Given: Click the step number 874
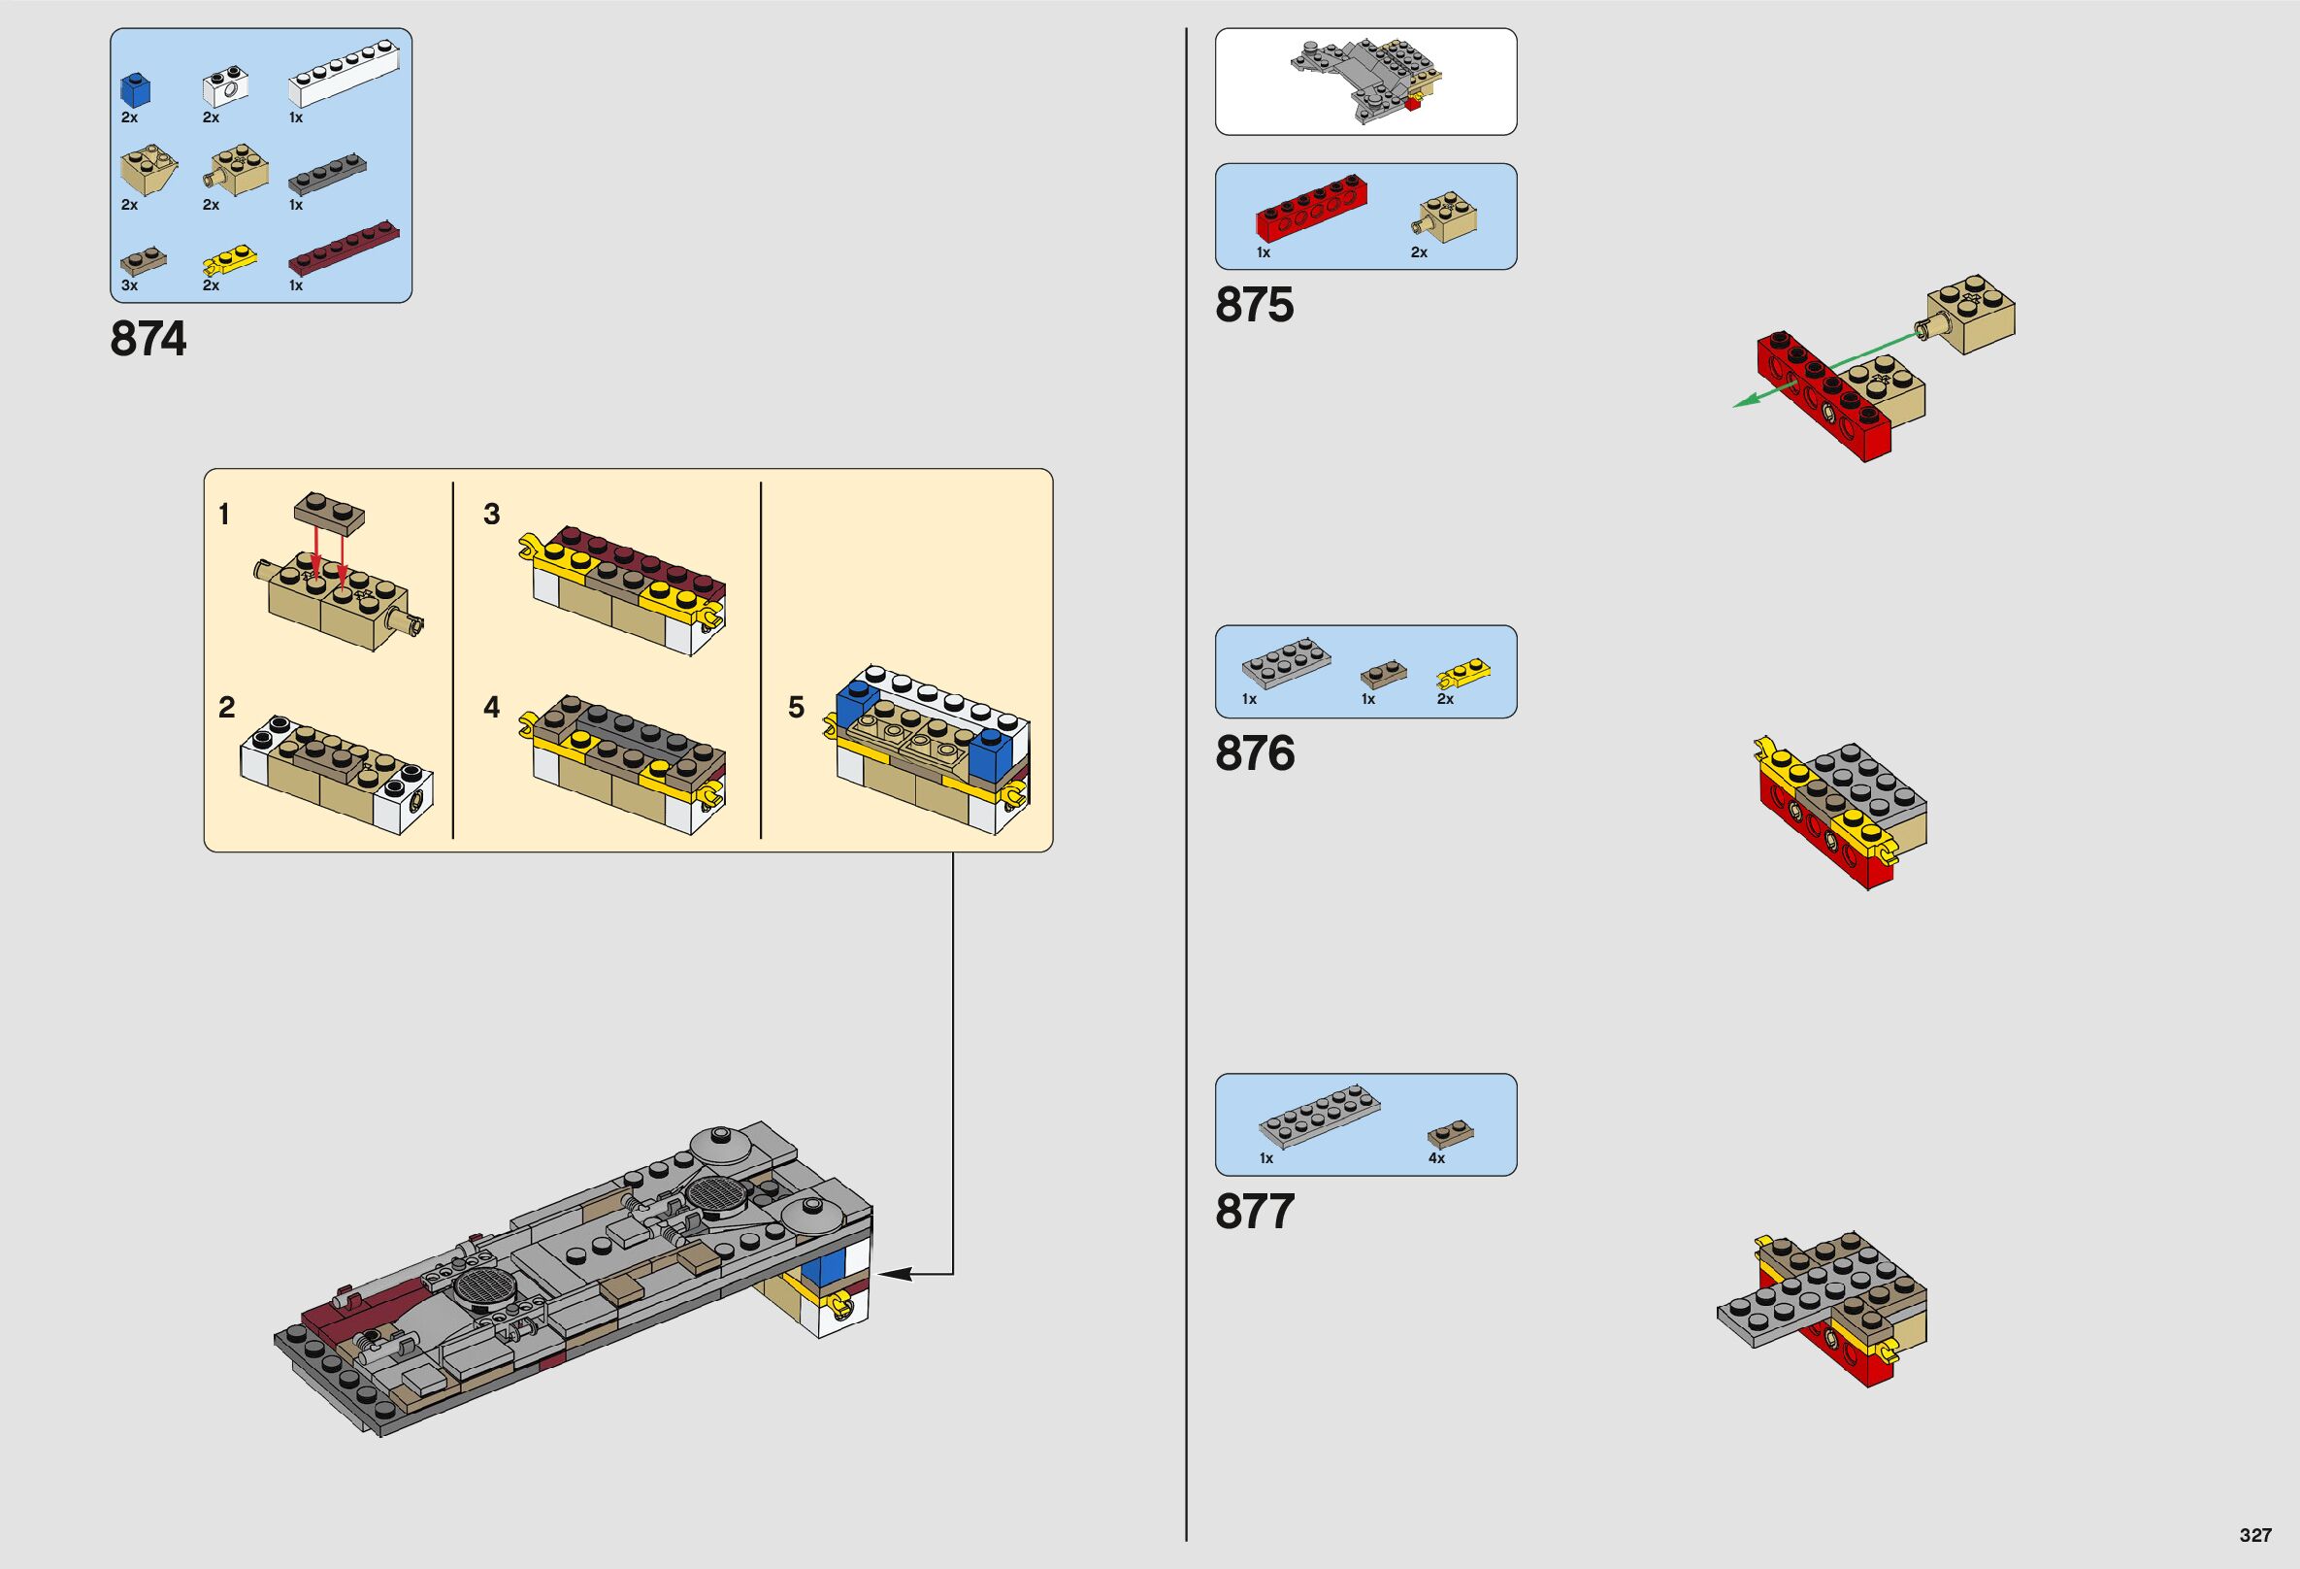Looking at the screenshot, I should [148, 340].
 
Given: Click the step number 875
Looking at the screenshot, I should [1254, 305].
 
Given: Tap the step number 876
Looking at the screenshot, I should [1254, 754].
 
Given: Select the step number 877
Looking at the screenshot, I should [1254, 1213].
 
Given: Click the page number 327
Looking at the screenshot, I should [2255, 1535].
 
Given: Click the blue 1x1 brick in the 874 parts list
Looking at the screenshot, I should [136, 90].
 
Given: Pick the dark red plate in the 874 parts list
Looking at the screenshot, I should [344, 253].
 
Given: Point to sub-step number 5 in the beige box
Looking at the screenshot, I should [797, 708].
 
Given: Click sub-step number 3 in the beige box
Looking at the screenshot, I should [492, 515].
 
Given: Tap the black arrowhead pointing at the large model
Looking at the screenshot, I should [889, 1274].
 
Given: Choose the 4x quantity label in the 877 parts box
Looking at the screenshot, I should [1436, 1158].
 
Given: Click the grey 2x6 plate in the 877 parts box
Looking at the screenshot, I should [1318, 1115].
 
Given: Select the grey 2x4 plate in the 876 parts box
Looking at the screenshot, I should [1286, 661].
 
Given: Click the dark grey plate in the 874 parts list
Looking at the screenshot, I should [328, 175].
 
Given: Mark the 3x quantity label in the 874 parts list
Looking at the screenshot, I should [130, 285].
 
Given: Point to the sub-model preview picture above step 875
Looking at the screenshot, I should [1364, 83].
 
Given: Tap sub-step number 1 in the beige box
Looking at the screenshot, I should [224, 515].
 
